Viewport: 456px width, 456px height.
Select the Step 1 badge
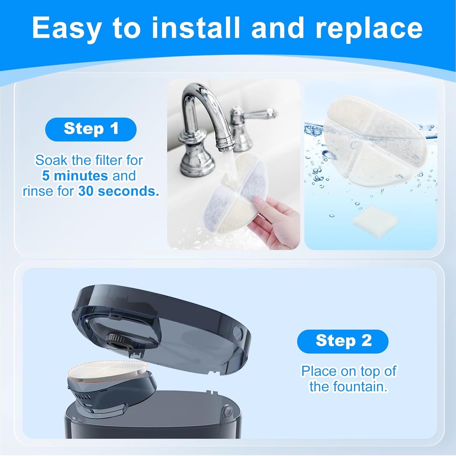coord(91,129)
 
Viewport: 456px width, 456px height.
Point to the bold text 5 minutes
coord(75,175)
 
